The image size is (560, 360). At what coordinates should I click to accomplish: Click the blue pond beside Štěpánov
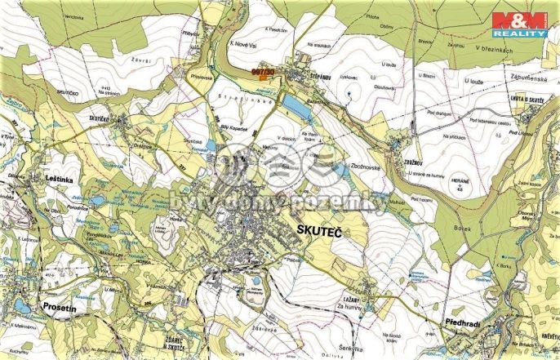tap(291, 103)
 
